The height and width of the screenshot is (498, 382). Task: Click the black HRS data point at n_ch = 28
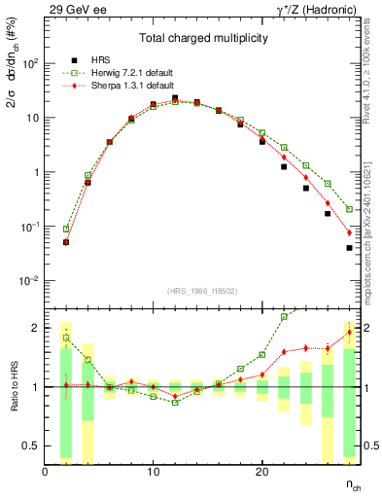[349, 248]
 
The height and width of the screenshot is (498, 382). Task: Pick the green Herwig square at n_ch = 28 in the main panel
[349, 209]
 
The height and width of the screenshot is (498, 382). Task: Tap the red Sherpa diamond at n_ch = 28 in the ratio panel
[349, 333]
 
